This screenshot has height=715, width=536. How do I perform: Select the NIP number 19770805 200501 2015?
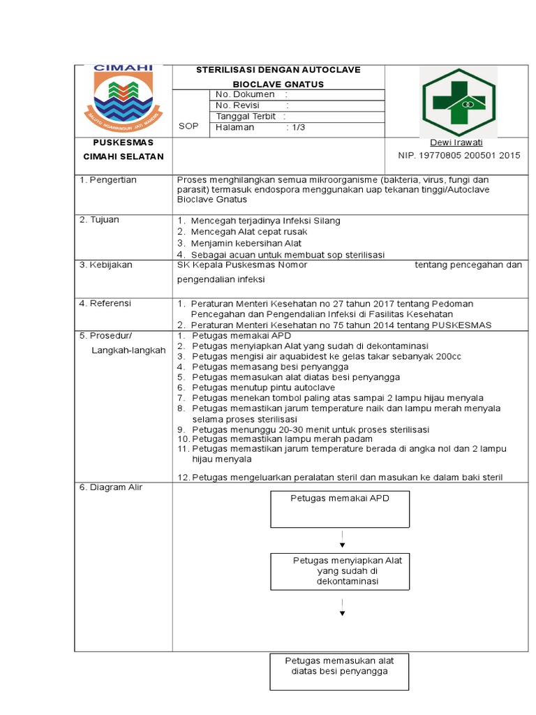[459, 156]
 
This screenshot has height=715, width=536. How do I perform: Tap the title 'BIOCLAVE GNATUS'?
[278, 84]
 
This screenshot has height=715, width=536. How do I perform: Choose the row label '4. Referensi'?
[105, 303]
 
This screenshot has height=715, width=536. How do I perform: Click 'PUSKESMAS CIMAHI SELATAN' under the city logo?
[123, 149]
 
